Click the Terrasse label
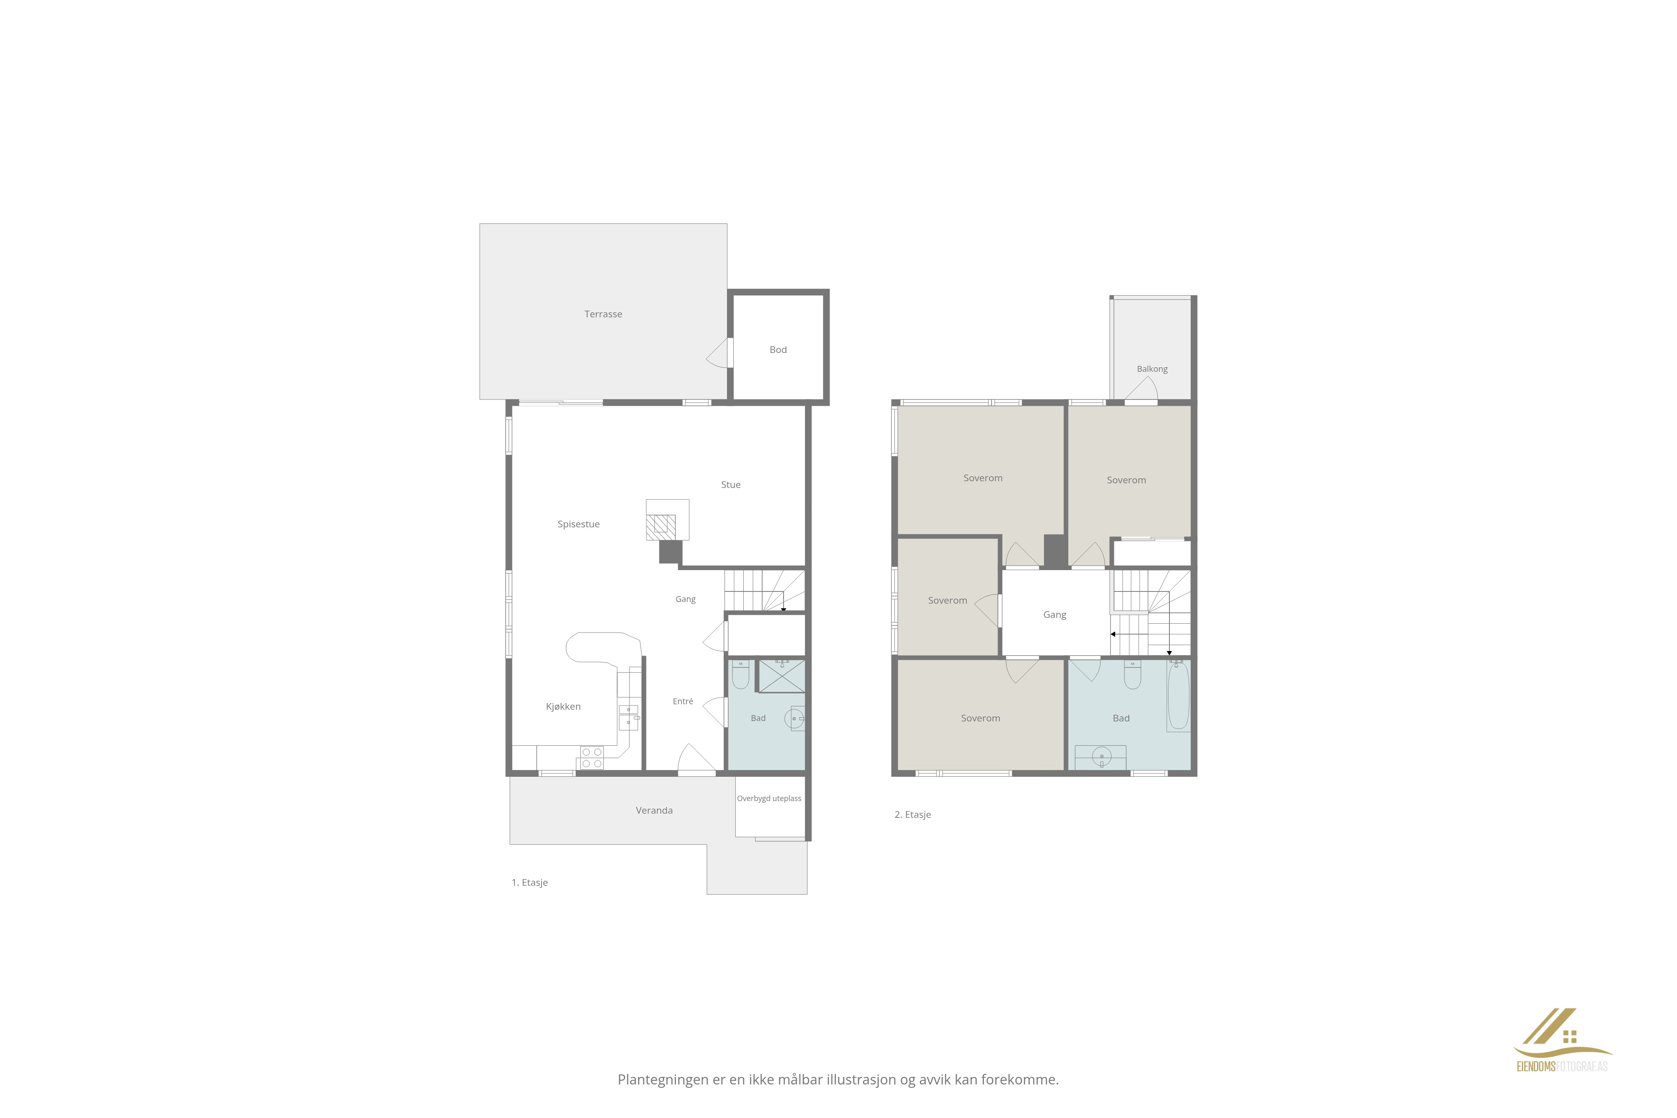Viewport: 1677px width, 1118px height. [603, 314]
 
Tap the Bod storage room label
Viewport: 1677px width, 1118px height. [778, 349]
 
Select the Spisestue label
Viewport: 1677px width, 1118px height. [578, 524]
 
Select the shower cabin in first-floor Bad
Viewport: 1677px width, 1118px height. [781, 676]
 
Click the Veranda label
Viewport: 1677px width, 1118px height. [654, 810]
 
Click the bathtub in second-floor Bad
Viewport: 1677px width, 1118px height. [1179, 695]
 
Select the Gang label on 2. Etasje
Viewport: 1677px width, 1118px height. [1054, 615]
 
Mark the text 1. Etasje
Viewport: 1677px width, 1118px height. [530, 883]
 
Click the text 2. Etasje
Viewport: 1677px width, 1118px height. [913, 814]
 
